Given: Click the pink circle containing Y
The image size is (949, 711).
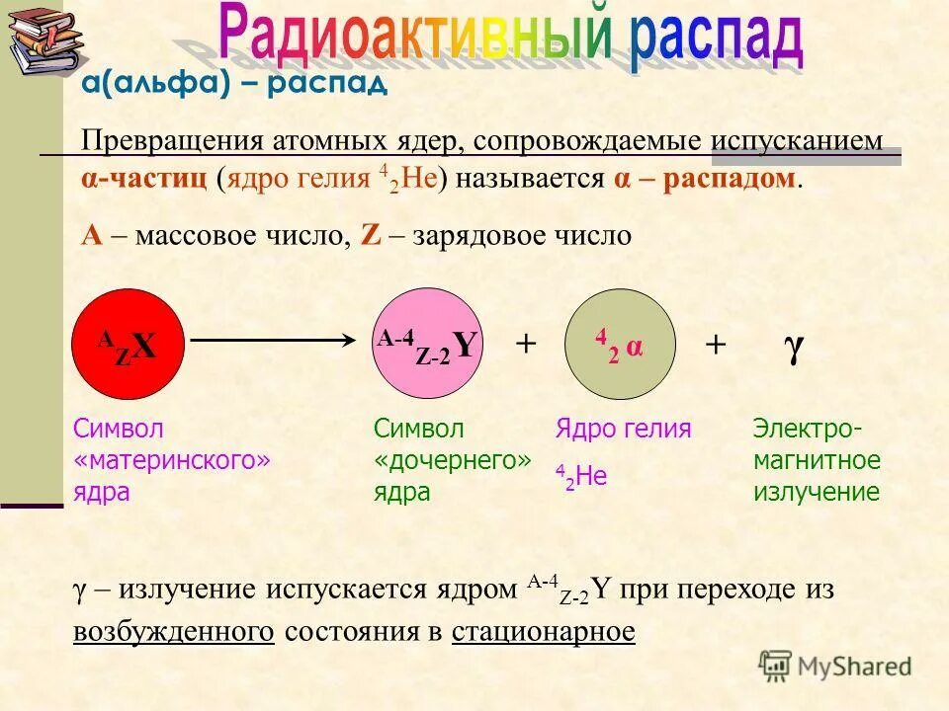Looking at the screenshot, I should tap(428, 345).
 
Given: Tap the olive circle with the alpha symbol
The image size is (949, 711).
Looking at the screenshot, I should tap(620, 345).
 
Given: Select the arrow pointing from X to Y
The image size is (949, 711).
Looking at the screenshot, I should tap(273, 340).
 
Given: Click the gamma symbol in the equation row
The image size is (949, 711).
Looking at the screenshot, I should tap(793, 346).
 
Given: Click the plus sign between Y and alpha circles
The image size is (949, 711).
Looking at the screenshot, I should tap(525, 345).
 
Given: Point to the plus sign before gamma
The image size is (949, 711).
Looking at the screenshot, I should tap(715, 345).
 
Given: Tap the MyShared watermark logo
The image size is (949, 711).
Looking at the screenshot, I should tap(835, 666).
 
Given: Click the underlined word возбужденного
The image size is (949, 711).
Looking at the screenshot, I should tap(174, 632).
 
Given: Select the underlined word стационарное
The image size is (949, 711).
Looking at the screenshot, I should tap(543, 632).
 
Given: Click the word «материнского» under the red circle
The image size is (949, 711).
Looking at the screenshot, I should tap(172, 460).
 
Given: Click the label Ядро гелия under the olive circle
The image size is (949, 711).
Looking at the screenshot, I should tap(623, 429).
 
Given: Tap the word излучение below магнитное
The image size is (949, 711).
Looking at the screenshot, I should tap(816, 492).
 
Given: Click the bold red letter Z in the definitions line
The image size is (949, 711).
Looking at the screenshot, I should tap(371, 236).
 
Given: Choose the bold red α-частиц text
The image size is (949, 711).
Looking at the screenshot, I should tap(143, 179).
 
